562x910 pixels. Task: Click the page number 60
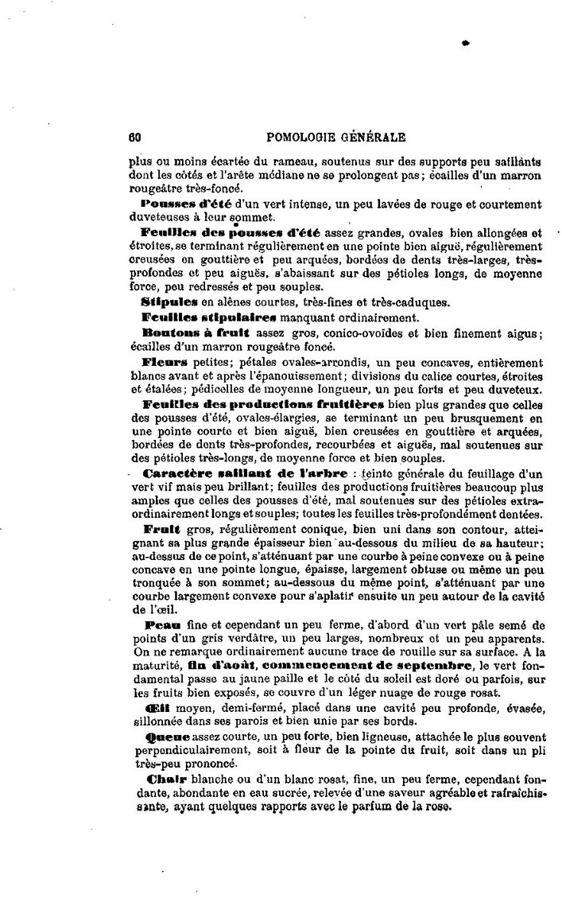pos(134,137)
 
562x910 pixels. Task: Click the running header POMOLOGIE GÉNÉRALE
pos(327,137)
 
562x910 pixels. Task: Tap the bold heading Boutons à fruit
pos(184,332)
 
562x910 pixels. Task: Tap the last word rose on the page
pos(438,805)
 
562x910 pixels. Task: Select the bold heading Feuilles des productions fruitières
pos(262,405)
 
